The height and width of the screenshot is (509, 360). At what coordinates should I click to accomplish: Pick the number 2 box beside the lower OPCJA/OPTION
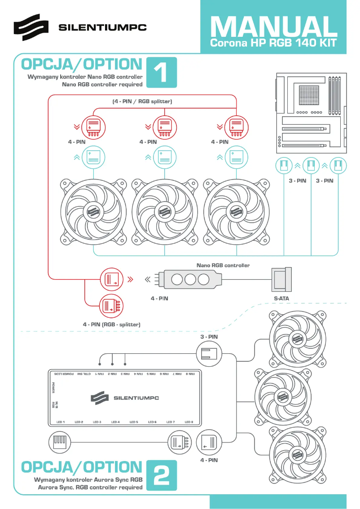tap(160, 475)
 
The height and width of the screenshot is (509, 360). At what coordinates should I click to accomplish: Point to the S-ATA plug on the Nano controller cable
tap(281, 279)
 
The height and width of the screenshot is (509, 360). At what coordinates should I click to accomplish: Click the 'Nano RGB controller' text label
tap(223, 265)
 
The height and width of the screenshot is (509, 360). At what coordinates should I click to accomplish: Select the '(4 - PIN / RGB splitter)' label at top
tap(142, 101)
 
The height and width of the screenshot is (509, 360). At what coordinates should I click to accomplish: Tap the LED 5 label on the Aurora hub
tap(134, 422)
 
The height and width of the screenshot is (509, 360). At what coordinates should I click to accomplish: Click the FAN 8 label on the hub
tap(190, 373)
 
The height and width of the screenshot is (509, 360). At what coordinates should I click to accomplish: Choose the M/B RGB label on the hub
tap(54, 404)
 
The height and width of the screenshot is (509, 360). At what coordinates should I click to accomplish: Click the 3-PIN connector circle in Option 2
tap(209, 353)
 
